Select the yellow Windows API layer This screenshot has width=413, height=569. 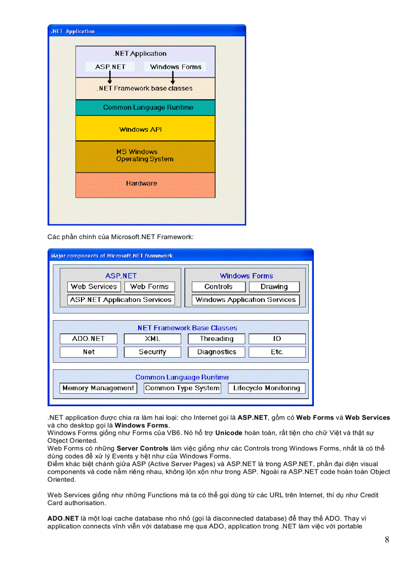tap(145, 129)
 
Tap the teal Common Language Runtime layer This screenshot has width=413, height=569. tap(145, 107)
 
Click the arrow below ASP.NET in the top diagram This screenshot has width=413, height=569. tap(110, 77)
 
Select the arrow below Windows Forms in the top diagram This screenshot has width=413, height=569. tap(173, 77)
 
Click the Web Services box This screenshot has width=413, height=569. tap(94, 287)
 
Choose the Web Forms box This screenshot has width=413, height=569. tap(149, 287)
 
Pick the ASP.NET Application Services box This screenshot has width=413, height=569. tap(121, 300)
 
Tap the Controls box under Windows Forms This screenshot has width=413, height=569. tap(219, 287)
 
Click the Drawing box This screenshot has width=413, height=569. tap(274, 287)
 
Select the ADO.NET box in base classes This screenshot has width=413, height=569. tap(88, 339)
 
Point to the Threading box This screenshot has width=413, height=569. tap(217, 339)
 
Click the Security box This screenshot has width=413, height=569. tap(152, 352)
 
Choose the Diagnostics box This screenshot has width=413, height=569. tap(217, 352)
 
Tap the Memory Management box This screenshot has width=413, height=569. tap(98, 389)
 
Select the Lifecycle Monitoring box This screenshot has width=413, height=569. tap(267, 389)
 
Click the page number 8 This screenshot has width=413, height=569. tap(387, 540)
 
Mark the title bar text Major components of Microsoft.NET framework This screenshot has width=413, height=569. tap(112, 256)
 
